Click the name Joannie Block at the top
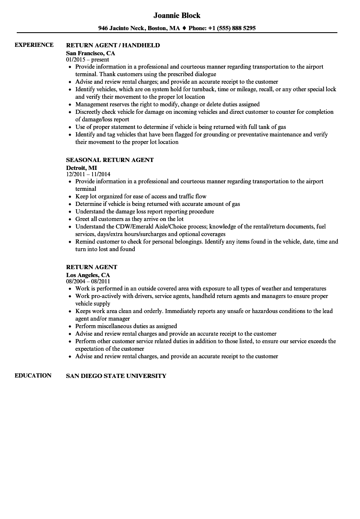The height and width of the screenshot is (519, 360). click(177, 15)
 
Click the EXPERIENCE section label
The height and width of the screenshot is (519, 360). click(34, 45)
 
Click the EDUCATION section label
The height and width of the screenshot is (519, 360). click(33, 375)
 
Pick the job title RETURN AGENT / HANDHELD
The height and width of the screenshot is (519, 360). click(113, 45)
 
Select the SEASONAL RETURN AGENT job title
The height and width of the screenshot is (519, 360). click(110, 160)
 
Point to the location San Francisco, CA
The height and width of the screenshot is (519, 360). click(90, 53)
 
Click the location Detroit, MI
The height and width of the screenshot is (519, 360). click(81, 168)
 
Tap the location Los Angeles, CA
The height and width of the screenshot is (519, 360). click(88, 275)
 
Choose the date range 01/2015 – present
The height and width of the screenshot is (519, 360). click(87, 59)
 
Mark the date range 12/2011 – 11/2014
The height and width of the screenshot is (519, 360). click(88, 174)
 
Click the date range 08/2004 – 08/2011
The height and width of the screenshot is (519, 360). click(88, 281)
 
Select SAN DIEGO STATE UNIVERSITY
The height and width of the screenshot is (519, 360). click(116, 376)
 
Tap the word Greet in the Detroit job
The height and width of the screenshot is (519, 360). click(82, 219)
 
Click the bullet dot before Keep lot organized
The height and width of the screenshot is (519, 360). click(69, 197)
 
